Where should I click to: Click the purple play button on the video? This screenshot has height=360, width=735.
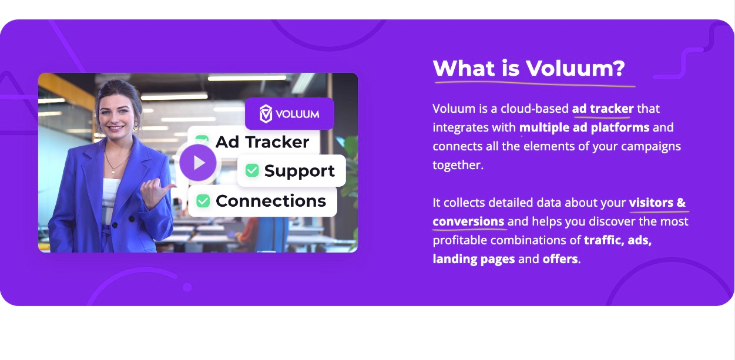tap(198, 163)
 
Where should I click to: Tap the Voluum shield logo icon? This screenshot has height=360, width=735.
tap(266, 114)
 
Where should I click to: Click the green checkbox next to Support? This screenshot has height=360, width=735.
tap(252, 170)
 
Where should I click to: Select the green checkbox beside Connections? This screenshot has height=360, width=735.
tap(203, 201)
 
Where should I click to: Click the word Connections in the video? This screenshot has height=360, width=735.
tap(271, 201)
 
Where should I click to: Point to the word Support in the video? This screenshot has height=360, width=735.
tap(299, 171)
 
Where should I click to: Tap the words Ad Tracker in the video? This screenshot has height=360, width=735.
tap(262, 142)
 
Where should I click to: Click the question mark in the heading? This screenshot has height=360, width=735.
tap(618, 68)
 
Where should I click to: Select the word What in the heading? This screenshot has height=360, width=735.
tap(464, 68)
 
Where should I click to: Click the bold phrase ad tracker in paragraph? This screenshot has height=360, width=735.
tap(603, 109)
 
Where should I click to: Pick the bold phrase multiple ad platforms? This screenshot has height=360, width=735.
tap(584, 127)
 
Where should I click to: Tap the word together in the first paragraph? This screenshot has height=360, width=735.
tap(458, 165)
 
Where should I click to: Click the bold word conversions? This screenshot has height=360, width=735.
tap(468, 221)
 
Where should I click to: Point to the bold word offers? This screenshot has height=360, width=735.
tap(560, 259)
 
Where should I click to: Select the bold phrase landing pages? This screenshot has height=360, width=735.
tap(474, 259)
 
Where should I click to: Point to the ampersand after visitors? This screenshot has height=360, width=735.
tap(681, 203)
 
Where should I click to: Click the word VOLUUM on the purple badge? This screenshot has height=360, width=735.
tap(297, 114)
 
